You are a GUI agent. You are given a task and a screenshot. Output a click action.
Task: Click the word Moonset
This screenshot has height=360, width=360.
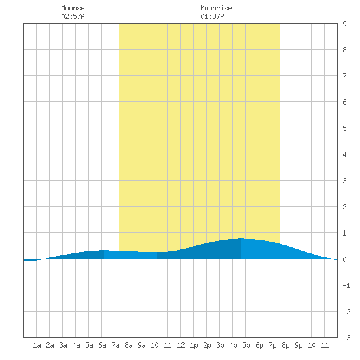(x=75, y=8)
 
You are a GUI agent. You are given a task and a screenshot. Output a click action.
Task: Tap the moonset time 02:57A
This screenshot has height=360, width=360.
(x=73, y=16)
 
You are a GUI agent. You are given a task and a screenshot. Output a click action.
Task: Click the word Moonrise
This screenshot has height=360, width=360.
(x=216, y=8)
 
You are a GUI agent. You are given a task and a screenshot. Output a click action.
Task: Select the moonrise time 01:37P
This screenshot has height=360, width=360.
(x=212, y=16)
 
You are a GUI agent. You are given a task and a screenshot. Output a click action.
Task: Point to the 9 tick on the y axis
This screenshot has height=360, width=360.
(x=344, y=24)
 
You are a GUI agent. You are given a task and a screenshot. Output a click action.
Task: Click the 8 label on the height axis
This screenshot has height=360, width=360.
(x=344, y=50)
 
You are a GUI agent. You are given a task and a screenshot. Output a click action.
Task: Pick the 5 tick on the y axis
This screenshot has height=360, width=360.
(x=344, y=128)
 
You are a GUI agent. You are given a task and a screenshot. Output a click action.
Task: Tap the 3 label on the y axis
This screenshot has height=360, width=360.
(x=344, y=181)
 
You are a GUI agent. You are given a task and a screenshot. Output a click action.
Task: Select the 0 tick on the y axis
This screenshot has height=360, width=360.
(x=344, y=259)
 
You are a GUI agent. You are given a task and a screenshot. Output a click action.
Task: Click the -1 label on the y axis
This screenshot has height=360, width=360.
(x=346, y=285)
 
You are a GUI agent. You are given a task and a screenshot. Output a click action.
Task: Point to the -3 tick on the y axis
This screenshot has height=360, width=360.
(x=346, y=338)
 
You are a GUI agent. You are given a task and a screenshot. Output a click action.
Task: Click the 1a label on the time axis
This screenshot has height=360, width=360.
(x=37, y=345)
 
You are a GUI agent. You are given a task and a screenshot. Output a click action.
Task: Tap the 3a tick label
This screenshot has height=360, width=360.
(x=63, y=345)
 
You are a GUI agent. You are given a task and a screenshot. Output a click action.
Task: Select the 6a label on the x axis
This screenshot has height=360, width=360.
(x=102, y=345)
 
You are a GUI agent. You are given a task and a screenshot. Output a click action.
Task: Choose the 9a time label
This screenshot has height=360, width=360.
(x=141, y=345)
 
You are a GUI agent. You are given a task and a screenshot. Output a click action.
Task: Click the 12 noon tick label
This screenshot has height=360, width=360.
(x=181, y=345)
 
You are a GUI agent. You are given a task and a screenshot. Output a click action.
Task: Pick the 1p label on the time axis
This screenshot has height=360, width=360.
(x=194, y=345)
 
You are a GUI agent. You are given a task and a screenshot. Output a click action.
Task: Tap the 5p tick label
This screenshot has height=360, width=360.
(x=246, y=345)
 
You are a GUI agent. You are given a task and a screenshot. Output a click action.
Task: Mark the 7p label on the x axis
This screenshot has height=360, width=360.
(x=272, y=345)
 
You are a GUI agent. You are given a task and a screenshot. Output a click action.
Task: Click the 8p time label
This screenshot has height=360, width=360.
(x=285, y=345)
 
